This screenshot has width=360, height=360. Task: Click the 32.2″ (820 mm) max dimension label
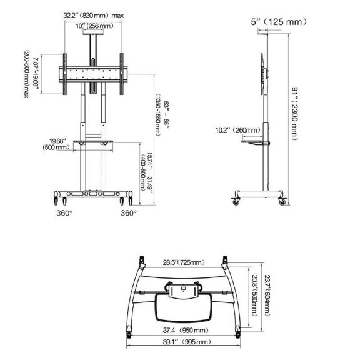pyautogui.click(x=94, y=16)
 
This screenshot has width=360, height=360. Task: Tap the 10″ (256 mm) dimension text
pyautogui.click(x=94, y=26)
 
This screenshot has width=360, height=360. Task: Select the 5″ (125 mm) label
pyautogui.click(x=279, y=22)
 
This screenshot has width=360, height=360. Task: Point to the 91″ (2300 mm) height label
pyautogui.click(x=294, y=114)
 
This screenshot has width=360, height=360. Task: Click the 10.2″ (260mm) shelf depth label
pyautogui.click(x=238, y=130)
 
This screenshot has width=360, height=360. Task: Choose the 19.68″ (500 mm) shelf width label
pyautogui.click(x=57, y=144)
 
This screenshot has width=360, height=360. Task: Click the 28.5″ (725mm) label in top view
pyautogui.click(x=184, y=262)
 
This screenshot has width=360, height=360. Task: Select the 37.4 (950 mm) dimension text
pyautogui.click(x=186, y=331)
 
